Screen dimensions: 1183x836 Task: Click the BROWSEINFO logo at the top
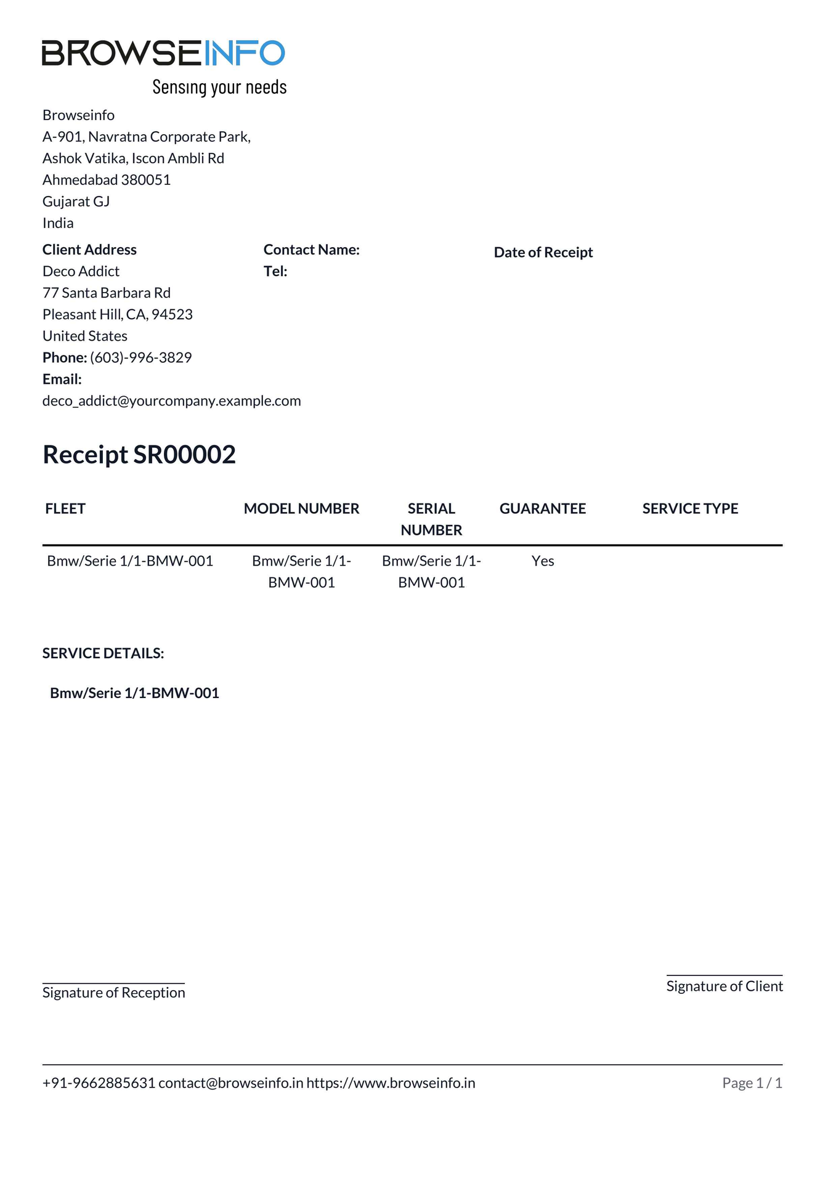(x=163, y=53)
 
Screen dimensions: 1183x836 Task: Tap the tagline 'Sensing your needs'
(x=219, y=87)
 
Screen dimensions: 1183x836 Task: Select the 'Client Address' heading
(x=89, y=250)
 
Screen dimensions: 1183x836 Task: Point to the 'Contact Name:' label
(x=311, y=250)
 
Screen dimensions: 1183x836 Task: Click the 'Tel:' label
(x=275, y=271)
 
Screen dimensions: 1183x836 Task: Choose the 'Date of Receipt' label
(x=543, y=252)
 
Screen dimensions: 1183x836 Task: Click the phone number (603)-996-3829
(x=140, y=357)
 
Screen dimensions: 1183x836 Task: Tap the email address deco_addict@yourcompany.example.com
(x=171, y=400)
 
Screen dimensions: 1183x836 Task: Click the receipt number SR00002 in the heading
(x=184, y=455)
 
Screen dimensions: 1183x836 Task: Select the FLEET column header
(x=65, y=508)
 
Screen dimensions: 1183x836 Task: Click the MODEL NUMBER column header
(x=301, y=508)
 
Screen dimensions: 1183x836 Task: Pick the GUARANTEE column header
(x=542, y=508)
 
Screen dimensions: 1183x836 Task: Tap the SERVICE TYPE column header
(x=690, y=508)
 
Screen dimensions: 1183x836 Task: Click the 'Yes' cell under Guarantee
(x=543, y=561)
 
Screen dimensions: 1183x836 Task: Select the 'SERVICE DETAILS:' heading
(x=103, y=653)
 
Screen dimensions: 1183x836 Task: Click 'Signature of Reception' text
(x=113, y=993)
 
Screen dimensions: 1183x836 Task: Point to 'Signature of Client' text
(x=724, y=986)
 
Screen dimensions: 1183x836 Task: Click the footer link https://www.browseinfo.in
(x=391, y=1083)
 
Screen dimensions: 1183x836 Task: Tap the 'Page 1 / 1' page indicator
(x=752, y=1083)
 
